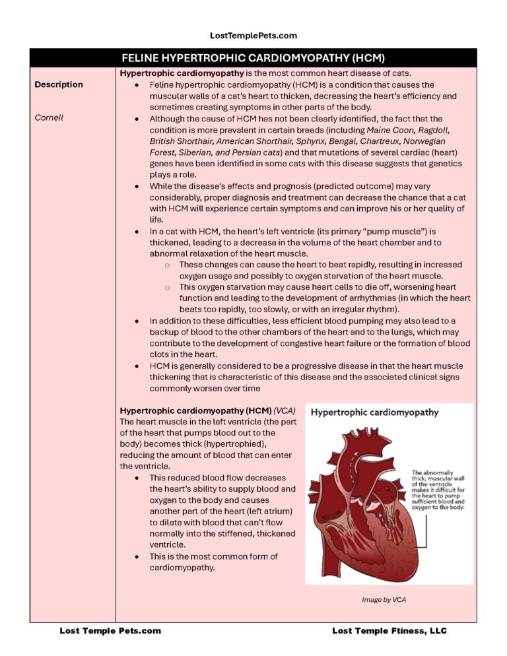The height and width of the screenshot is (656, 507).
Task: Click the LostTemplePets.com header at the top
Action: coord(253,36)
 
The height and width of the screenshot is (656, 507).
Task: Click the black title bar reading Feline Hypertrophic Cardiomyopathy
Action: coord(253,58)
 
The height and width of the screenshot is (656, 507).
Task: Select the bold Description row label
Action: coord(59,84)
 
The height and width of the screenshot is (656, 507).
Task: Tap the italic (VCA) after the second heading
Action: coord(285,410)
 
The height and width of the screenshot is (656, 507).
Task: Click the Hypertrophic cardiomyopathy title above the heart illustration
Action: coord(374,412)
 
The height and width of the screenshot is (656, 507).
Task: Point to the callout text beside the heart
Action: coord(438,490)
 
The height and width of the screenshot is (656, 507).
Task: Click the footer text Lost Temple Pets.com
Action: coord(110,631)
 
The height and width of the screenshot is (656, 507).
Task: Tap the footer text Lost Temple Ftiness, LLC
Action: coord(389,631)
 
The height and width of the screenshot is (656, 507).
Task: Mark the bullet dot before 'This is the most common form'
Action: coord(137,557)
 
